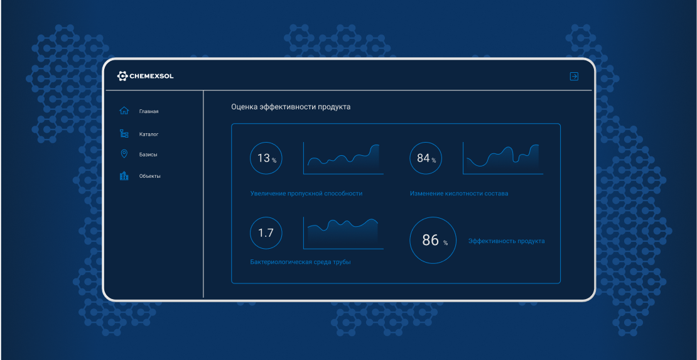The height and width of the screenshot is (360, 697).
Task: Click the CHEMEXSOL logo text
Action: tap(151, 77)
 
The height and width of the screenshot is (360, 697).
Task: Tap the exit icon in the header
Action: tap(575, 77)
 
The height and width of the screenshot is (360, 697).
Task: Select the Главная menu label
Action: tap(148, 111)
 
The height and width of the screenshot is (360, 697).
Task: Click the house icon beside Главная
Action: tap(124, 111)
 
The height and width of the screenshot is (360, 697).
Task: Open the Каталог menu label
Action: tap(148, 134)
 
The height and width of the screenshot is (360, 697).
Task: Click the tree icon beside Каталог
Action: tap(124, 133)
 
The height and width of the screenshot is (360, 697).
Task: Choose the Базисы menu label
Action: tap(148, 155)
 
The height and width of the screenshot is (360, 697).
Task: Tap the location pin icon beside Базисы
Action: tap(124, 154)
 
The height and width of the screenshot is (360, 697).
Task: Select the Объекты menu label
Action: tap(149, 176)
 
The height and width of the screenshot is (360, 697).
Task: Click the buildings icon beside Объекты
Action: tap(124, 176)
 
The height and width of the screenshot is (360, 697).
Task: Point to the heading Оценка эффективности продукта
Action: tap(291, 107)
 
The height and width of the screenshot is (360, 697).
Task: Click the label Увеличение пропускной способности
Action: tap(306, 194)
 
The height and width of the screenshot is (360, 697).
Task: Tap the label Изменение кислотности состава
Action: tap(459, 194)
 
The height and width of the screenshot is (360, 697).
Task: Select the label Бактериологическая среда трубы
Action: tap(301, 262)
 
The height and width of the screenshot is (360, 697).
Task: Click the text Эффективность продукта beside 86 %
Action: tap(507, 241)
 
